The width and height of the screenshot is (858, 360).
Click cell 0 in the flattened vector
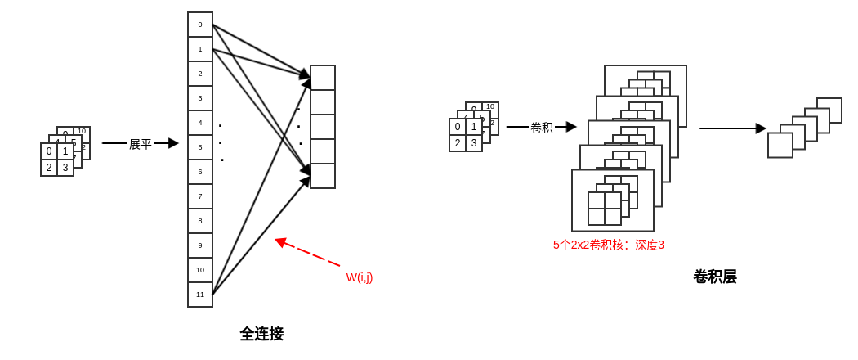pyautogui.click(x=200, y=25)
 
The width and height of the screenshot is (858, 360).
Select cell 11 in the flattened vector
pyautogui.click(x=200, y=295)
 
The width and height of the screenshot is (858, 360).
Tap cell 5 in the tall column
pyautogui.click(x=200, y=147)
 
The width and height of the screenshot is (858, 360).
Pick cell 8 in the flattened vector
pyautogui.click(x=200, y=221)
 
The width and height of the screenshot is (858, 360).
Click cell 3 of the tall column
pyautogui.click(x=200, y=98)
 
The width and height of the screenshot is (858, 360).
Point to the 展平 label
pyautogui.click(x=141, y=144)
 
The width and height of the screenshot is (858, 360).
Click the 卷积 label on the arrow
pyautogui.click(x=542, y=128)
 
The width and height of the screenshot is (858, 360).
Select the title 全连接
pyautogui.click(x=261, y=334)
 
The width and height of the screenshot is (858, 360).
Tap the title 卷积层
pyautogui.click(x=715, y=277)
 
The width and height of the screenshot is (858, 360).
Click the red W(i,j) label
pyautogui.click(x=360, y=277)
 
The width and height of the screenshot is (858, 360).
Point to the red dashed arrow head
pyautogui.click(x=279, y=241)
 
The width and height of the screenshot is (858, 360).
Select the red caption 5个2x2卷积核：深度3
pyautogui.click(x=609, y=245)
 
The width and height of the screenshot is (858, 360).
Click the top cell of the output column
pyautogui.click(x=323, y=78)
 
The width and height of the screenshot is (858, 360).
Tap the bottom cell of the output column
pyautogui.click(x=323, y=176)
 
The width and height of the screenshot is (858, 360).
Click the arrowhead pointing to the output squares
pyautogui.click(x=761, y=128)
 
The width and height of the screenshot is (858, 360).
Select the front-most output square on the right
pyautogui.click(x=780, y=145)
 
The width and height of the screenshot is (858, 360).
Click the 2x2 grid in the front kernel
pyautogui.click(x=605, y=209)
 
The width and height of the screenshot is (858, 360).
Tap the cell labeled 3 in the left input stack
pyautogui.click(x=65, y=168)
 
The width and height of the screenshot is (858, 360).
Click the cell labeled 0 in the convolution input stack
pyautogui.click(x=458, y=127)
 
